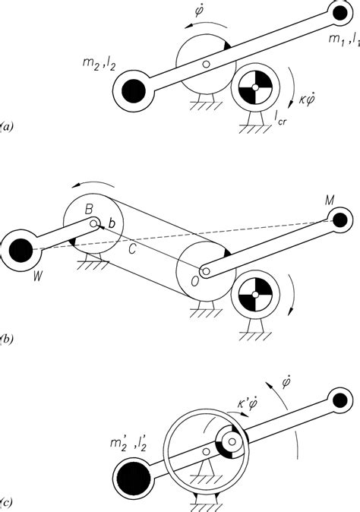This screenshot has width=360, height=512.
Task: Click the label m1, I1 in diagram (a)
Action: (344, 40)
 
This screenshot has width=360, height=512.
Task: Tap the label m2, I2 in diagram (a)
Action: (99, 63)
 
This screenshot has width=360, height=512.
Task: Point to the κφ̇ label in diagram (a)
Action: (306, 98)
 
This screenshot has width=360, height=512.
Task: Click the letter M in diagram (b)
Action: (330, 200)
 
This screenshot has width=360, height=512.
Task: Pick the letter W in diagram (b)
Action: (38, 277)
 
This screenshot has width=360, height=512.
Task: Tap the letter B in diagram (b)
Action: (88, 210)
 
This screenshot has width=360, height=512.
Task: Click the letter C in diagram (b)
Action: (132, 250)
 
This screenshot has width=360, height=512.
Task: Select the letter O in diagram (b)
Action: (194, 282)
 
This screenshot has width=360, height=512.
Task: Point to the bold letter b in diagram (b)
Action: (112, 223)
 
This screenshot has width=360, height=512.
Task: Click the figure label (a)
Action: (6, 126)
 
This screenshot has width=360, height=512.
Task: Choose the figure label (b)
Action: (6, 339)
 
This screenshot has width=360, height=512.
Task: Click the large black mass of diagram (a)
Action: (133, 90)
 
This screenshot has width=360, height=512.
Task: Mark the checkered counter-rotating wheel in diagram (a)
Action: (255, 87)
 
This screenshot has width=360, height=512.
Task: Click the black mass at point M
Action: (340, 220)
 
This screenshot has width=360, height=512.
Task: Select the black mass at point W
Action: (21, 250)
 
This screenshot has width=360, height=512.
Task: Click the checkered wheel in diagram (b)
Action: (255, 295)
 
